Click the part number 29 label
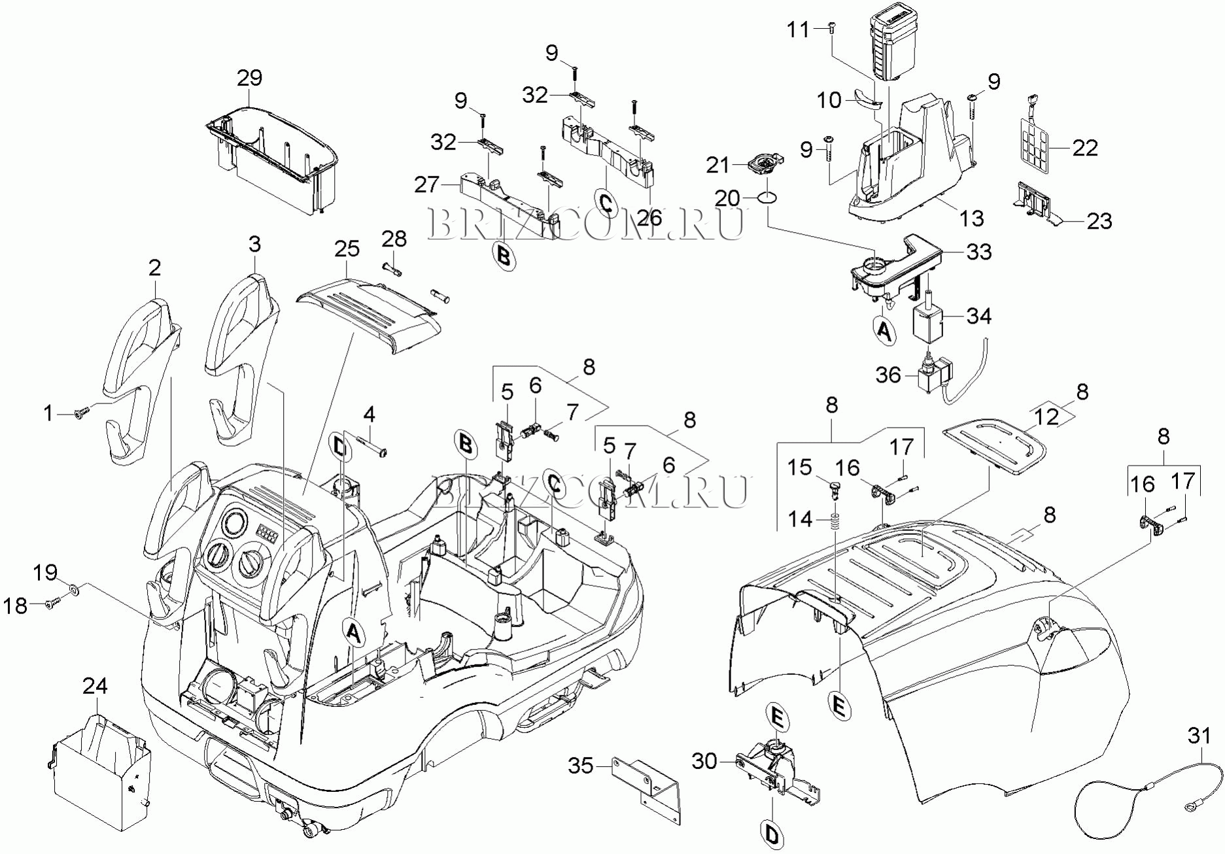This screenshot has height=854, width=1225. [x=249, y=78]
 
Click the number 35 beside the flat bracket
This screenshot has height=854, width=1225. [x=580, y=765]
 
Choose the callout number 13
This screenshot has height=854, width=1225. [x=971, y=218]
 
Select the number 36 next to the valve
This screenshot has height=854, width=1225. [x=888, y=375]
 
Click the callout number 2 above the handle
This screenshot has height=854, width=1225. [x=154, y=267]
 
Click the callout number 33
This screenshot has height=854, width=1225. [x=978, y=251]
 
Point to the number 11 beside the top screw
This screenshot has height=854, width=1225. [x=798, y=29]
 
